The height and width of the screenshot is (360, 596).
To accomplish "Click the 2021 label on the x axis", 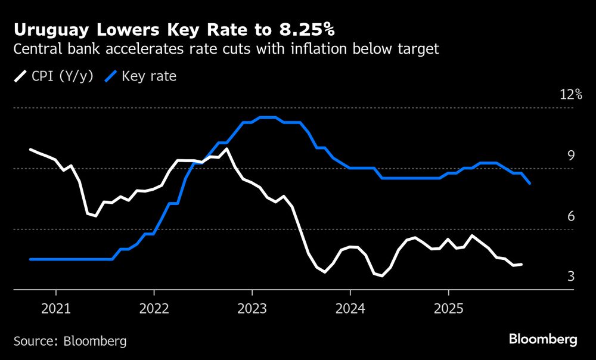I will point(56,309).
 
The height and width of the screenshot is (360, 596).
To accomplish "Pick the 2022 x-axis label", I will point(154,309).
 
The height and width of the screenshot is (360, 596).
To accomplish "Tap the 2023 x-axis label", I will point(252,309).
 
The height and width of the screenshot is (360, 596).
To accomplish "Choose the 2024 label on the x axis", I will point(350,309).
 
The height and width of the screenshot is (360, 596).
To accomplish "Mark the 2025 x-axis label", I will point(448,309).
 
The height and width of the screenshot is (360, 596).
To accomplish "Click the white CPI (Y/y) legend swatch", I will point(21,76).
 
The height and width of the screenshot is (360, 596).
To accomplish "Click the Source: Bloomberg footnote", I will point(70,341).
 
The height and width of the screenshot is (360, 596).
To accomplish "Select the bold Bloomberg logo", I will point(543,340).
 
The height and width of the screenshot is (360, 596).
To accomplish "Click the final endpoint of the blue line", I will point(530,184).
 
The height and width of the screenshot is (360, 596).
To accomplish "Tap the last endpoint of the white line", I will point(522,264).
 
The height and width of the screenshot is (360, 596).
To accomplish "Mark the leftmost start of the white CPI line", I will point(30,150).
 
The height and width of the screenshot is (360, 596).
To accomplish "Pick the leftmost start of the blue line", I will point(30,259).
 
